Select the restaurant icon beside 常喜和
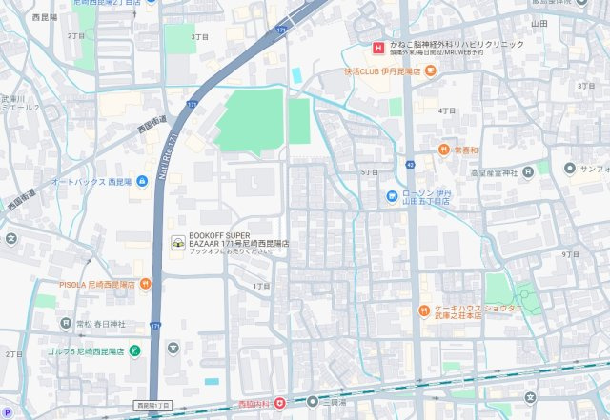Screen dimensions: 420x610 point(444,150)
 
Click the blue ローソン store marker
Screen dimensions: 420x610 point(392,196)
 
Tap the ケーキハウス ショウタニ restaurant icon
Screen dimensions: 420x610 point(425,310)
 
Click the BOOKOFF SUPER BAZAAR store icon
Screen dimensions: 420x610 point(177,244)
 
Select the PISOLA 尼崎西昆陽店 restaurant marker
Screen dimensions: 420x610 point(144,283)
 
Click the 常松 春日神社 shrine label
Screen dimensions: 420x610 point(95,324)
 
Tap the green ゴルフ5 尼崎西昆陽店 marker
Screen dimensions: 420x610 point(134,350)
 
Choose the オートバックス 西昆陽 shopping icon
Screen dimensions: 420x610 point(142,181)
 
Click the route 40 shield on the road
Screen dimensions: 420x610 point(409,165)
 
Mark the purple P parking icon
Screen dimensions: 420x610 point(8,412)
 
